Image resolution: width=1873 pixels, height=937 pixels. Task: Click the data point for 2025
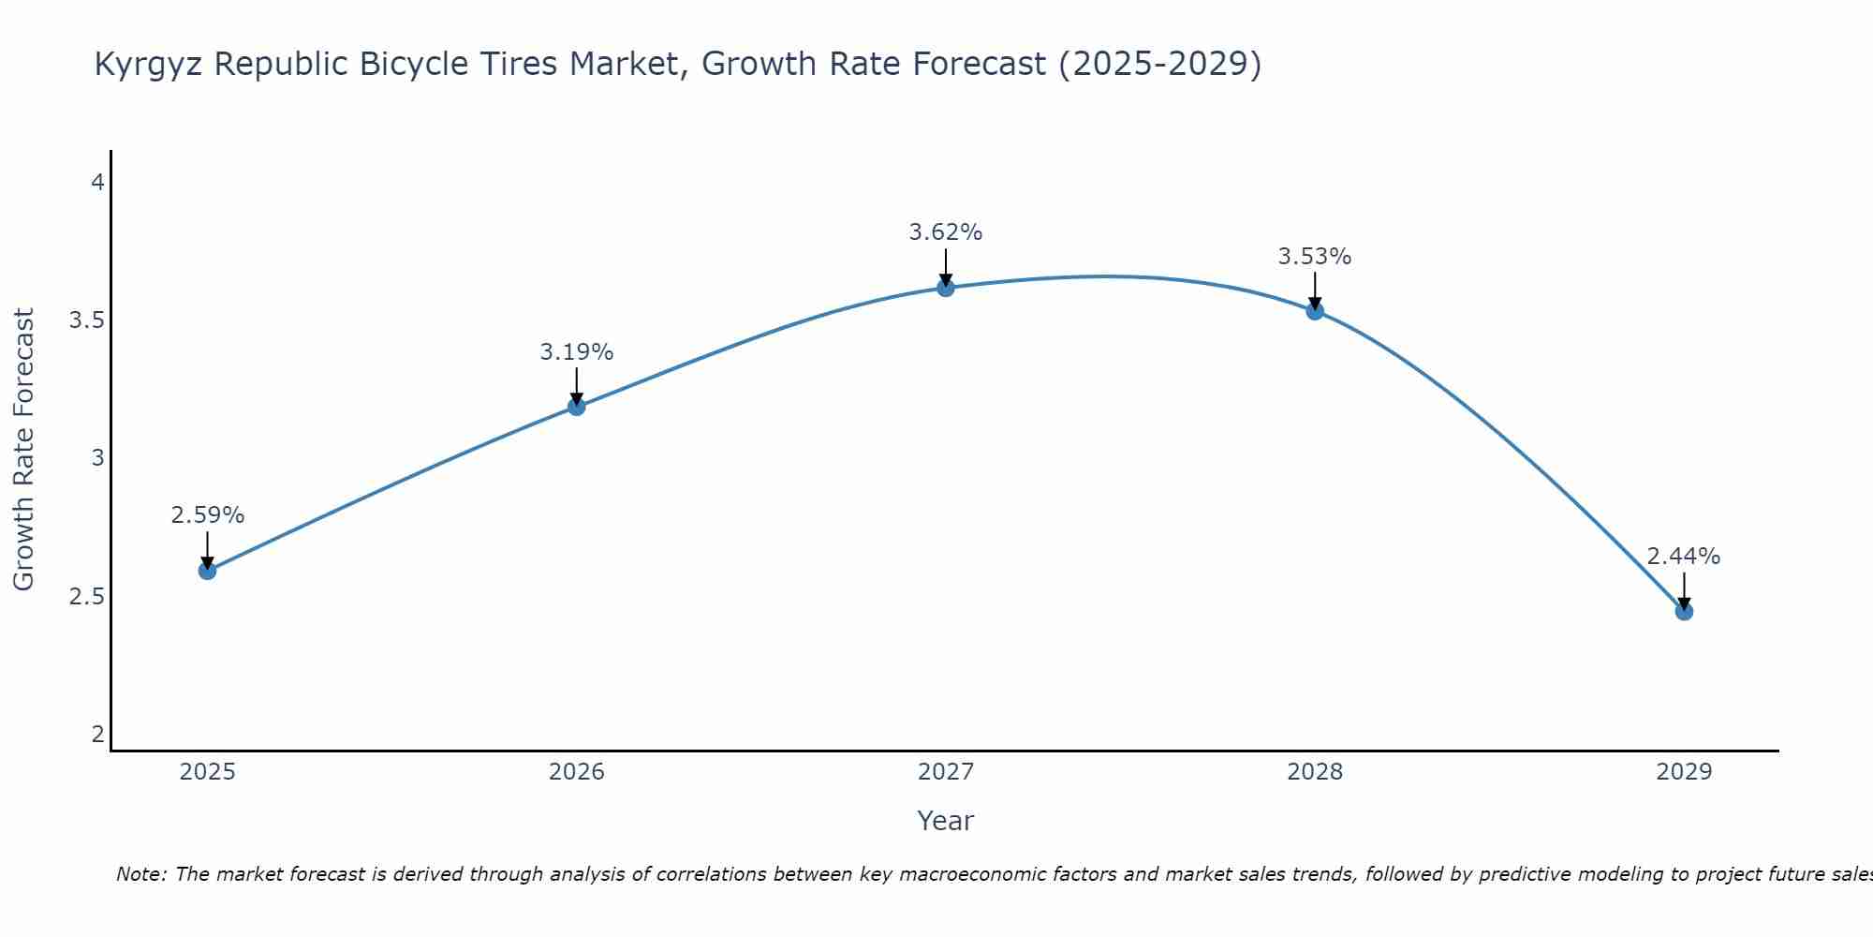coord(207,571)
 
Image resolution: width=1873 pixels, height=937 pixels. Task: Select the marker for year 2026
coord(576,406)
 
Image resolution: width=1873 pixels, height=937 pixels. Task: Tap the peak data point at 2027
coord(945,288)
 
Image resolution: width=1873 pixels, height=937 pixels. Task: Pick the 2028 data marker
coord(1315,311)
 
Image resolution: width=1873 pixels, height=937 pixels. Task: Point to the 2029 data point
coord(1684,612)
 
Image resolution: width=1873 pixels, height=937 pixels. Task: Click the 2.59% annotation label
coord(207,515)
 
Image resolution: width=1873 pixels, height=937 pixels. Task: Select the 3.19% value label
coord(576,352)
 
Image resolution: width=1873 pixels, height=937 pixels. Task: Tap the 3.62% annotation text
coord(945,232)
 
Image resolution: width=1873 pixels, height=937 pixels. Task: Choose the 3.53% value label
coord(1315,257)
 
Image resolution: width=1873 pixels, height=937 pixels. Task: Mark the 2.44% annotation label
coord(1684,557)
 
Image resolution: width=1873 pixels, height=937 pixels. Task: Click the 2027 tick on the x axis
coord(945,772)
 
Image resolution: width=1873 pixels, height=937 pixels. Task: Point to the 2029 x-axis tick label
coord(1684,772)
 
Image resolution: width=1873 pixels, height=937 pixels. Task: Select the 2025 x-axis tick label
coord(207,772)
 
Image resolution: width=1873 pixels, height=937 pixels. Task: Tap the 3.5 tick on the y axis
coord(86,320)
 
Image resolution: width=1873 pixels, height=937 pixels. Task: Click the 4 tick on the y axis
coord(97,183)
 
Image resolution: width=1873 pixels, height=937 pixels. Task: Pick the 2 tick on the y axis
coord(97,735)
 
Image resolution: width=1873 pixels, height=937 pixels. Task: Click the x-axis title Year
coord(945,821)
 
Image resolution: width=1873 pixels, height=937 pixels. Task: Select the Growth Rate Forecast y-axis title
coord(23,450)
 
